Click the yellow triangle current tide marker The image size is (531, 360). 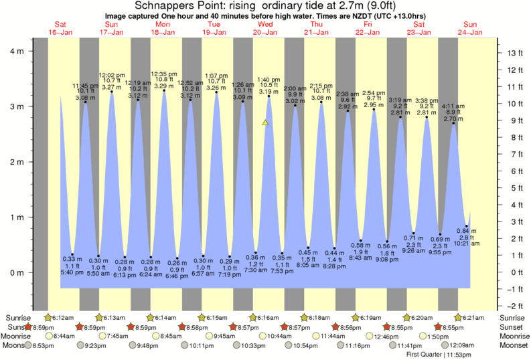tap(266, 122)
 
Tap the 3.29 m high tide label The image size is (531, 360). tap(164, 86)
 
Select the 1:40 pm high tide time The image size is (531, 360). tap(269, 80)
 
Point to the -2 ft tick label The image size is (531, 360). tap(514, 306)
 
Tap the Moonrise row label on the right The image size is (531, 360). tap(514, 336)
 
